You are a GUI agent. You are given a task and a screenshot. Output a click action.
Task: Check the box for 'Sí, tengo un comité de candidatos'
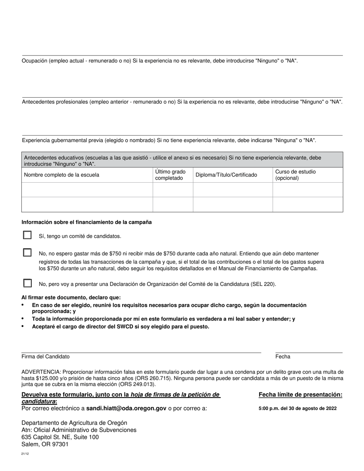click(27, 235)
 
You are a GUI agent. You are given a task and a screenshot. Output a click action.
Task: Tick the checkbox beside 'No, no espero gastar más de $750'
click(27, 253)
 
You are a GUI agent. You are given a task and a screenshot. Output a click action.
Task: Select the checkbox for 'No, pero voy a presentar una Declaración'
click(27, 283)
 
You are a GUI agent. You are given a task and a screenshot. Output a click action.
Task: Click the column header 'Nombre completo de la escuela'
click(62, 175)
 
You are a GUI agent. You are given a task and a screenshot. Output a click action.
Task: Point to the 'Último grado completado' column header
click(170, 175)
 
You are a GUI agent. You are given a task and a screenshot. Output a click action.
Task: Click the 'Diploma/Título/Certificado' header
click(226, 175)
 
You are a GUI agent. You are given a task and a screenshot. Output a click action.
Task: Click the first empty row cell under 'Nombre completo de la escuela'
click(87, 190)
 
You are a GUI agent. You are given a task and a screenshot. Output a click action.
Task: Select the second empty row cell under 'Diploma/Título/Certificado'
click(233, 204)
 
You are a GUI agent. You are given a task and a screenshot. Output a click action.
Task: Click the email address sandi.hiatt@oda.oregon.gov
click(126, 408)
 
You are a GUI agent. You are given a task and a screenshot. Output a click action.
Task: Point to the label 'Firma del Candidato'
click(46, 357)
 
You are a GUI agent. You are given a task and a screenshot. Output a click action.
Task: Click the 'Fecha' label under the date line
click(283, 357)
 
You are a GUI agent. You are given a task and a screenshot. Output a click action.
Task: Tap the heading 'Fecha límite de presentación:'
click(300, 395)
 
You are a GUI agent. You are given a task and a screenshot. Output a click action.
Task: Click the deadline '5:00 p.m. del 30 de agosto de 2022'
click(298, 409)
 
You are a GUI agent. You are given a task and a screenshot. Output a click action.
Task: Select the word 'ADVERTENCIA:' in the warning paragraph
click(41, 372)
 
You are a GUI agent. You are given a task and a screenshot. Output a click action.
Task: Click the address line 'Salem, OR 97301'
click(45, 444)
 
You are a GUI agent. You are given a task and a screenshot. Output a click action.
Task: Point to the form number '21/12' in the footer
click(25, 454)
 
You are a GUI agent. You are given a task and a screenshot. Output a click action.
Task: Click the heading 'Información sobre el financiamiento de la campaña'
click(87, 222)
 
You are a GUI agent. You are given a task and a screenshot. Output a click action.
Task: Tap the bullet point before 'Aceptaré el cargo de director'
click(23, 326)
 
